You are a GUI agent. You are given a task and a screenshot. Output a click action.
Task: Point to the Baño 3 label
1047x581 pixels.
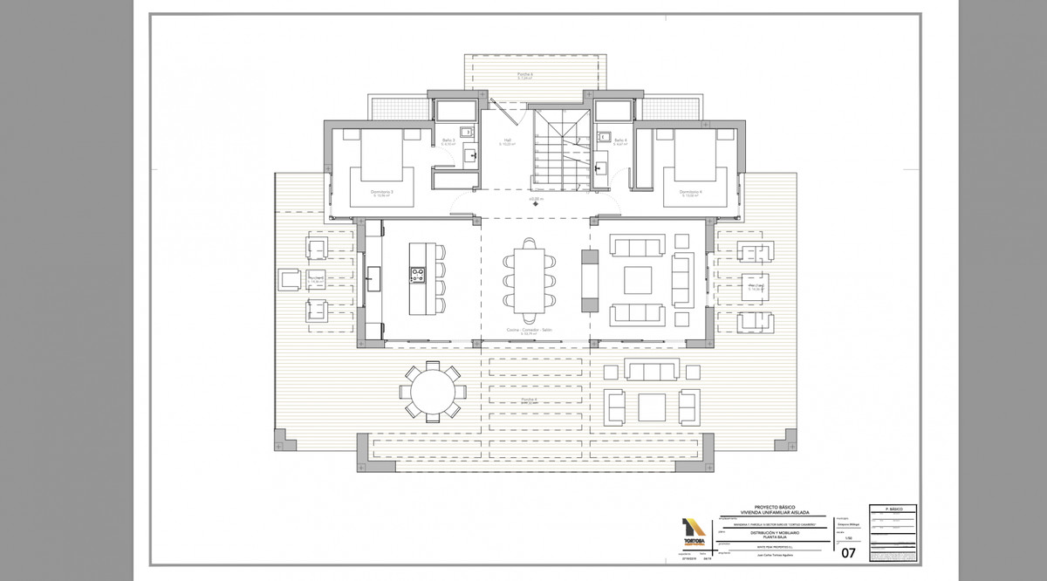pyautogui.click(x=448, y=140)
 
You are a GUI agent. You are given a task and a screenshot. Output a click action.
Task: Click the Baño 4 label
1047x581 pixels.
pyautogui.click(x=619, y=140)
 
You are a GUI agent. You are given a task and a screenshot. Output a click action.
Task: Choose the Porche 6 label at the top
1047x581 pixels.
pyautogui.click(x=524, y=74)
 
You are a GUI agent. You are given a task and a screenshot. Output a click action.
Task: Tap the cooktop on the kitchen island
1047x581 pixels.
pyautogui.click(x=416, y=276)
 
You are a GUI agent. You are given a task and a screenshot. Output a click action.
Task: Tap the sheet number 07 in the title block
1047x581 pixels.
pyautogui.click(x=848, y=552)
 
